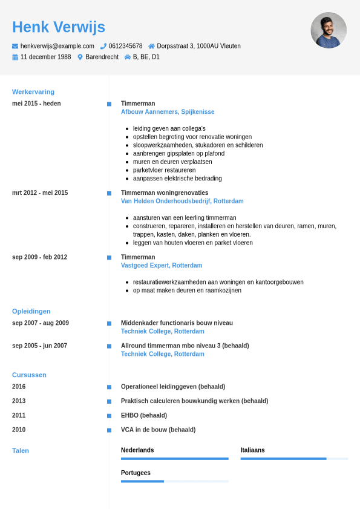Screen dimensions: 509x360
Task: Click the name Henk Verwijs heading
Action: click(x=59, y=27)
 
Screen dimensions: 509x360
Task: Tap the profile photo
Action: click(x=329, y=30)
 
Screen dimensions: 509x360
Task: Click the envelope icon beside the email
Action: click(x=15, y=46)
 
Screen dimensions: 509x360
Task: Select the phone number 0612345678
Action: click(x=125, y=46)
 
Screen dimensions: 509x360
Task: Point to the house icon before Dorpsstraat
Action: click(x=151, y=46)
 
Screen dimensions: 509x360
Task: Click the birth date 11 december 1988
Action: click(x=45, y=57)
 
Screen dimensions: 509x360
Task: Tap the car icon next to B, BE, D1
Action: click(x=128, y=57)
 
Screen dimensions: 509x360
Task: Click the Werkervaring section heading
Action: click(x=33, y=92)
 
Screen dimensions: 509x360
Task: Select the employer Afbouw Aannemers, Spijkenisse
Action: click(x=168, y=112)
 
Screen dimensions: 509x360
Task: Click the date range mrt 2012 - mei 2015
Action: click(x=40, y=193)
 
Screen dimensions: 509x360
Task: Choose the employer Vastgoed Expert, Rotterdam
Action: click(x=162, y=266)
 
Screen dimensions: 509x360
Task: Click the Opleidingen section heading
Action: click(x=31, y=311)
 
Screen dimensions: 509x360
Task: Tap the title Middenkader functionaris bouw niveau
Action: click(x=177, y=323)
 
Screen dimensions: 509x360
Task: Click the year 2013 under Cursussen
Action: click(x=19, y=401)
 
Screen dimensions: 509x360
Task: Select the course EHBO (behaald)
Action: click(x=144, y=416)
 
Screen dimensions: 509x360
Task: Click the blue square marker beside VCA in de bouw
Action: click(x=109, y=430)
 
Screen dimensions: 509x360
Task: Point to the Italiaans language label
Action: click(x=252, y=450)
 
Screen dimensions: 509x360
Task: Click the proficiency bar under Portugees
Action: click(x=174, y=481)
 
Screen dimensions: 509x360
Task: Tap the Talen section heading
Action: click(x=21, y=451)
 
